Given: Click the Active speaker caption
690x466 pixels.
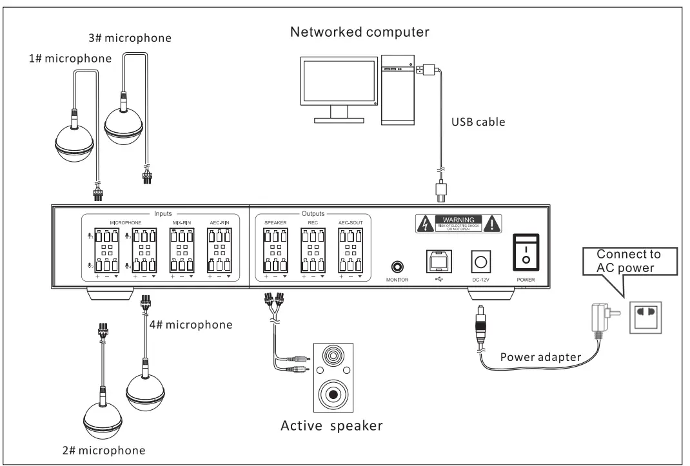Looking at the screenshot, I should pyautogui.click(x=332, y=426).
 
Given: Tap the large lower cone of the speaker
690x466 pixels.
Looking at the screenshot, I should pyautogui.click(x=333, y=393).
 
